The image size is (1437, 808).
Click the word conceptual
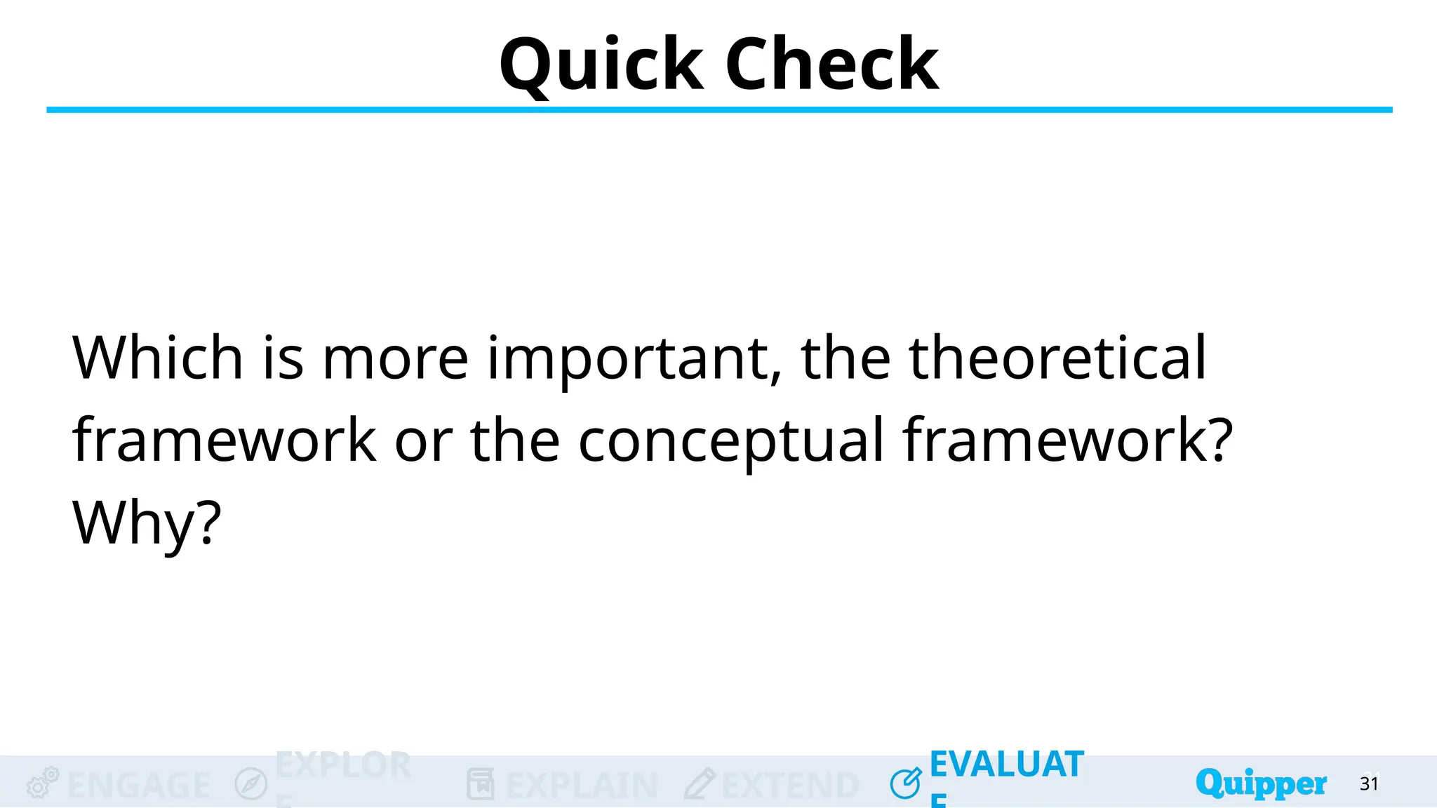coord(730,441)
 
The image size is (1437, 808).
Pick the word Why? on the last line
coord(147,523)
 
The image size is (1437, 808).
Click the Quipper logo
coord(1261,783)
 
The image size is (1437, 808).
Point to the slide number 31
coord(1369,783)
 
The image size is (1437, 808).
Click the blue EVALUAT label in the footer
coord(1006,765)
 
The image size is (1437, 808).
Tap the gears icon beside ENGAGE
coord(42,783)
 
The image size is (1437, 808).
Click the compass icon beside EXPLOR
coord(251,783)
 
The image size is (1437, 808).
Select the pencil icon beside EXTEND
coord(700,783)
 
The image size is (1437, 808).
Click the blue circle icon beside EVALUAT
coord(906,783)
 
